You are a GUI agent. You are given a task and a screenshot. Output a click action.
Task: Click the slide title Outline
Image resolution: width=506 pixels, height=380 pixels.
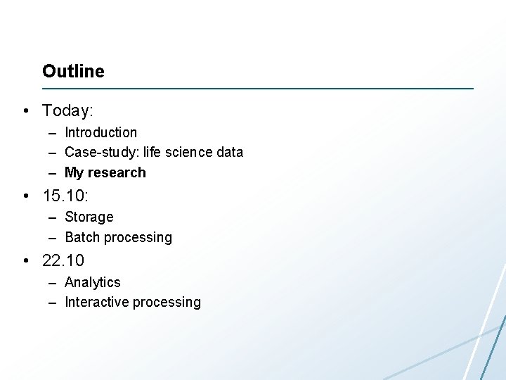coord(73,71)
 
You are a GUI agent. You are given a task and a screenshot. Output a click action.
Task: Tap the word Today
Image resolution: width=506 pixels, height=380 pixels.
coord(66,111)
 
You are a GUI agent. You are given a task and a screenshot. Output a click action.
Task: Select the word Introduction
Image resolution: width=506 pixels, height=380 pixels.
coord(100,132)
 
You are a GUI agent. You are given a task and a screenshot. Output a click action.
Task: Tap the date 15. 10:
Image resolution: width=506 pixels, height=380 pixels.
coord(67,195)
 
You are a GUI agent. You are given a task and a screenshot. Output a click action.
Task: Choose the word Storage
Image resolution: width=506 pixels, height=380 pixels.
coord(89,217)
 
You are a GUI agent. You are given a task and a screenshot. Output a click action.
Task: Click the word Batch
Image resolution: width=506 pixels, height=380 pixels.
coord(82,237)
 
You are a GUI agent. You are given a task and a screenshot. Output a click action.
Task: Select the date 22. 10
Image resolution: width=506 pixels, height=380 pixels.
coord(63,260)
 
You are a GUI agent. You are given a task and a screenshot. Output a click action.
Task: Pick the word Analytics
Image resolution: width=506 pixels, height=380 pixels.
coord(92,282)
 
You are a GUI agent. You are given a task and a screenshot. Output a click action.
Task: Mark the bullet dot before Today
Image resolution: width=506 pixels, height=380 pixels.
coord(25,111)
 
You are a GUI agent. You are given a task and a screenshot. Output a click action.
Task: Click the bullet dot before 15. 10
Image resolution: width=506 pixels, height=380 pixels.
coord(25,195)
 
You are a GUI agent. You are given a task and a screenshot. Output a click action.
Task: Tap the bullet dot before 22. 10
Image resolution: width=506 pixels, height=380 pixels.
coord(25,260)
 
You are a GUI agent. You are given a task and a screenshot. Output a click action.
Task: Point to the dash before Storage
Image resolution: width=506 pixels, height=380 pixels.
coord(53,217)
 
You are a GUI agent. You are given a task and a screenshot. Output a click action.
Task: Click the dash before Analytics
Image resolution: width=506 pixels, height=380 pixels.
coord(53,282)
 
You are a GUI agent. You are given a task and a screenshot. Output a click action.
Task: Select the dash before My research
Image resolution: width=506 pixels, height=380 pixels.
coord(53,172)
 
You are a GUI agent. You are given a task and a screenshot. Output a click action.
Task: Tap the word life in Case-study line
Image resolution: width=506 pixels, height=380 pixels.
coord(152,152)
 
